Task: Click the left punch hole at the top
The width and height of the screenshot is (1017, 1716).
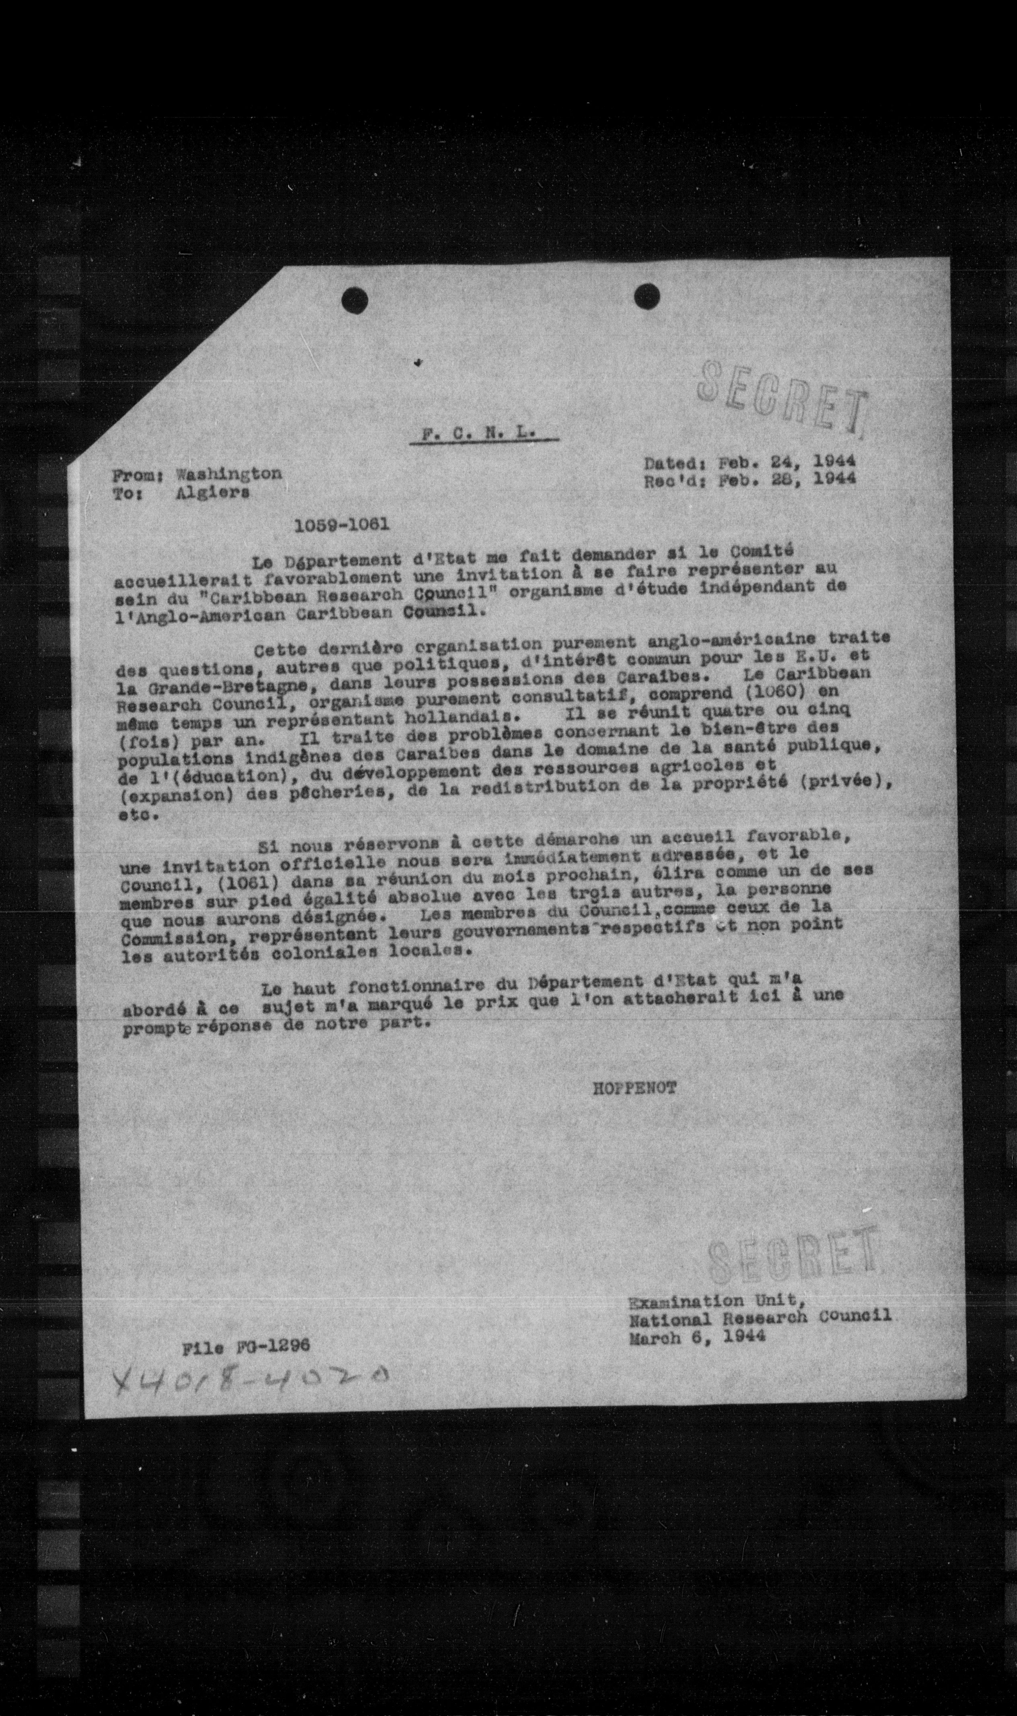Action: pyautogui.click(x=355, y=300)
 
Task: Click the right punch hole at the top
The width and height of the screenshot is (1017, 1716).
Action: pyautogui.click(x=646, y=295)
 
